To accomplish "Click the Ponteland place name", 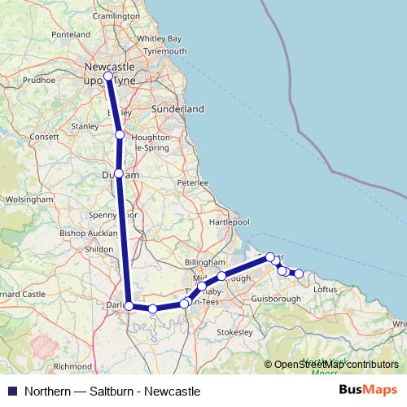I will [x=71, y=35].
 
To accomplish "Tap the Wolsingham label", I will [x=28, y=199].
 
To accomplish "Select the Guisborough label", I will [x=275, y=299].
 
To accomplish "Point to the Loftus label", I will [x=325, y=288].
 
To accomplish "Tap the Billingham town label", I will [x=204, y=262].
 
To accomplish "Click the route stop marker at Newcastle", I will [x=108, y=77].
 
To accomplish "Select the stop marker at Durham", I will [x=119, y=173].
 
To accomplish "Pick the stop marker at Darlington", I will [x=129, y=305].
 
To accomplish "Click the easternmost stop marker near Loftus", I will [x=299, y=274].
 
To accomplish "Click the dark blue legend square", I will [x=12, y=391].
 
